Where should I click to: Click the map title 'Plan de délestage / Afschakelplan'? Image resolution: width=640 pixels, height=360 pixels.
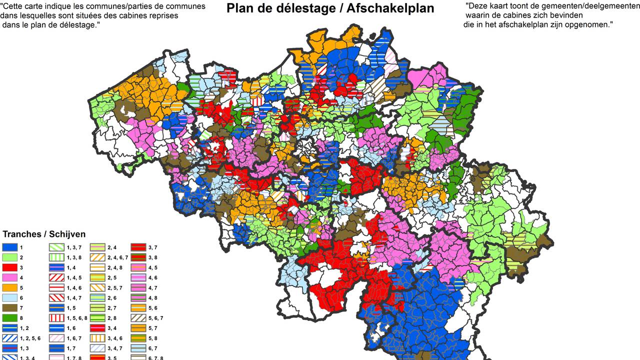pos(330,8)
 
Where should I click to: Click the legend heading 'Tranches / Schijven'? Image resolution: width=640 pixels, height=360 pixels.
pos(44,234)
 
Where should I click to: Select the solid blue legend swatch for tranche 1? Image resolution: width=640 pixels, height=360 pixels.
pos(10,247)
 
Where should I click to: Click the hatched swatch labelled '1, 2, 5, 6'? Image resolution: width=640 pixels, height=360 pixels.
pos(10,338)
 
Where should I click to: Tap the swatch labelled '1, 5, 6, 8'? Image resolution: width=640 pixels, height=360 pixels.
pos(56,317)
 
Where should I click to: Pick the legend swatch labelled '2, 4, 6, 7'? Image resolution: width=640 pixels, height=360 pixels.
pos(97,257)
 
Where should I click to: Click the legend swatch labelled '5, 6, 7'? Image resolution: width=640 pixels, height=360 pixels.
pos(139,317)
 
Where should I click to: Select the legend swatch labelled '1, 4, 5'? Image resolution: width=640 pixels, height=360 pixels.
pos(56,277)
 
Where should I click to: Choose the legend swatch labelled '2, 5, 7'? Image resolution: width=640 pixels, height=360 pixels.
pos(97,287)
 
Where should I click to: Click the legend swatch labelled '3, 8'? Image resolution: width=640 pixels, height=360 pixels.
pos(139,257)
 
